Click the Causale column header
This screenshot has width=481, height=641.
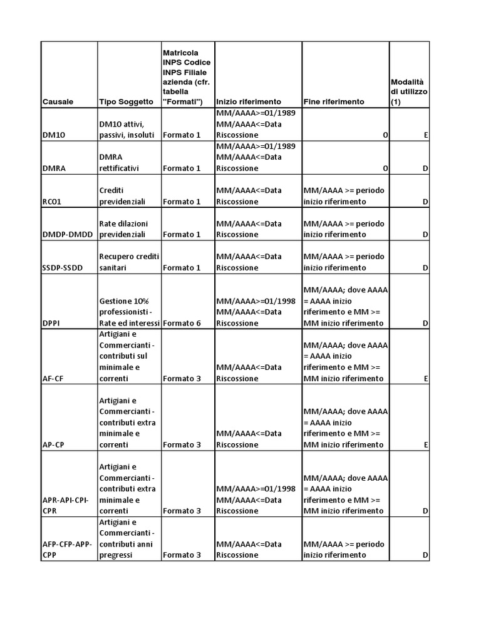[x=58, y=101]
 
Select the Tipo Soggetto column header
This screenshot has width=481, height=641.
[x=126, y=101]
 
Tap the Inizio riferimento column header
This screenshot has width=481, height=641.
[x=249, y=101]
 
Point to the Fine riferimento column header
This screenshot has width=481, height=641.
[x=334, y=101]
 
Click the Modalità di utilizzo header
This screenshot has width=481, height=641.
[x=409, y=91]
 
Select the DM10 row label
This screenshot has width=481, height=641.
[x=53, y=135]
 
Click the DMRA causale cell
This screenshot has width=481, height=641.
[x=54, y=168]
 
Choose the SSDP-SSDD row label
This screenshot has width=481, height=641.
[x=66, y=268]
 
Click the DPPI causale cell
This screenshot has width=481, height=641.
[x=52, y=324]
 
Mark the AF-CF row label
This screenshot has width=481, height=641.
[x=54, y=379]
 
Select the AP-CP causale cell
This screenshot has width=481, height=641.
[x=54, y=445]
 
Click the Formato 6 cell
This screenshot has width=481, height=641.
[x=182, y=324]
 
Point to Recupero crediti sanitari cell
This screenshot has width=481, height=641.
[x=128, y=262]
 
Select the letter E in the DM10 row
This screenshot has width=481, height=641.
[x=425, y=135]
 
